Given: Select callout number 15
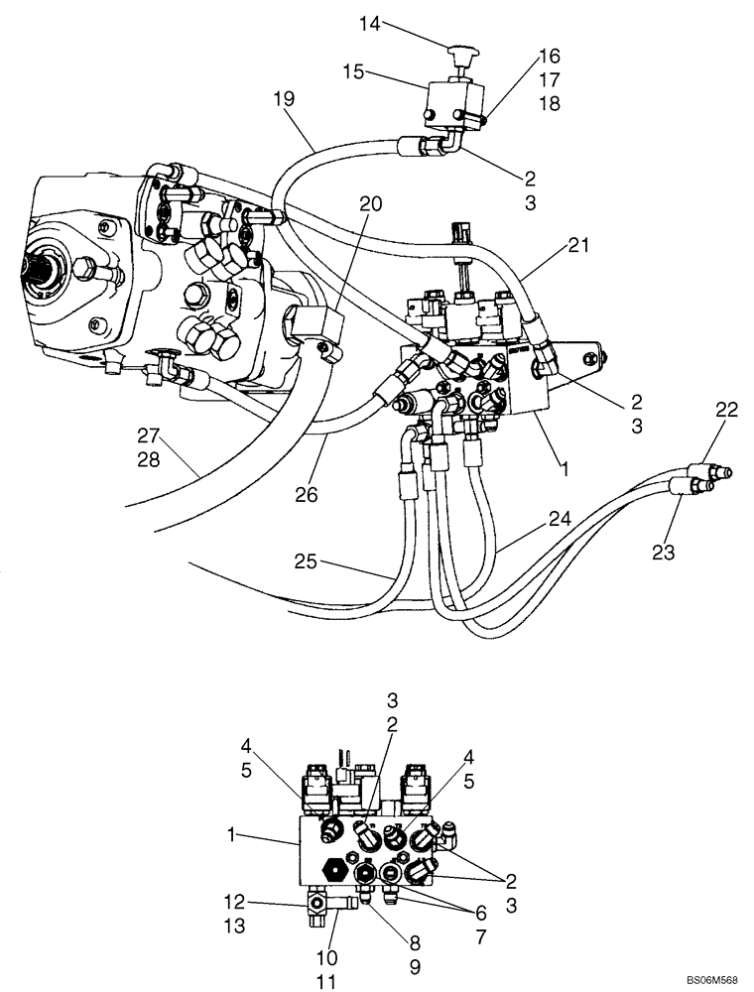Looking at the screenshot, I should [382, 71].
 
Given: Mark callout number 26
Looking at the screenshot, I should [308, 493].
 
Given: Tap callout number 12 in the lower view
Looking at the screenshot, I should [234, 903].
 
